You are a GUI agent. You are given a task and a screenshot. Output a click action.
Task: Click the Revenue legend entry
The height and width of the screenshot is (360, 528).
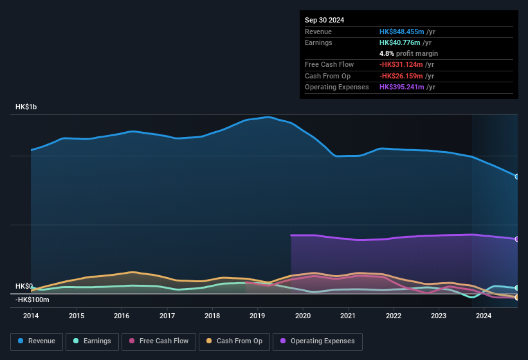pyautogui.click(x=37, y=341)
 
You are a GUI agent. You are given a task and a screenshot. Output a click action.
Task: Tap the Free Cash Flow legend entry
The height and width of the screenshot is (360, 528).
pyautogui.click(x=158, y=341)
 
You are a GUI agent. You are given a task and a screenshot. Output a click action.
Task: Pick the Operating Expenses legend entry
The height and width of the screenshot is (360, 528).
pyautogui.click(x=318, y=341)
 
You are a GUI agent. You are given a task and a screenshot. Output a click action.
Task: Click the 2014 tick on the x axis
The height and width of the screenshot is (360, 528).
pyautogui.click(x=31, y=316)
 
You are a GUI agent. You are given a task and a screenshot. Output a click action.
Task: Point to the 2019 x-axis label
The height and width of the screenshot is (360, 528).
pyautogui.click(x=257, y=316)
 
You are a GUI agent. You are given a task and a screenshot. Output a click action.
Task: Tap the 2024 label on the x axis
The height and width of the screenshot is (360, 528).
pyautogui.click(x=484, y=316)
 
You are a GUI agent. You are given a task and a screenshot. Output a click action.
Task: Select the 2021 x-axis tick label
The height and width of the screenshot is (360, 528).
pyautogui.click(x=348, y=316)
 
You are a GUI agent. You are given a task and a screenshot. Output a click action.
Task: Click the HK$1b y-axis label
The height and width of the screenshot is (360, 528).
pyautogui.click(x=26, y=107)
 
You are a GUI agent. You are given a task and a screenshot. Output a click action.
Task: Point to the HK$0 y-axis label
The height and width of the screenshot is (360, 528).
pyautogui.click(x=24, y=286)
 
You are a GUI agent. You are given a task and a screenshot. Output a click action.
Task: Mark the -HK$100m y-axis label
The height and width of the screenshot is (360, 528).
pyautogui.click(x=32, y=300)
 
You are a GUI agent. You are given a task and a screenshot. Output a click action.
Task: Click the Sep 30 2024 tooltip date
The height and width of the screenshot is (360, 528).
pyautogui.click(x=324, y=20)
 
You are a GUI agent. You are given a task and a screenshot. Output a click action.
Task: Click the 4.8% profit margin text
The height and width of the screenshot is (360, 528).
pyautogui.click(x=408, y=53)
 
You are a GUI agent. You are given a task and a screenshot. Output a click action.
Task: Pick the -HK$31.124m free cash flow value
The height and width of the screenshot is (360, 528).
pyautogui.click(x=402, y=64)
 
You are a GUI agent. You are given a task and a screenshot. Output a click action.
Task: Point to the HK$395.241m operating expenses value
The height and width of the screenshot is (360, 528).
pyautogui.click(x=402, y=87)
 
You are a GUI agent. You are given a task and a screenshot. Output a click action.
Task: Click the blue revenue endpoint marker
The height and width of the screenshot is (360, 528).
pyautogui.click(x=517, y=177)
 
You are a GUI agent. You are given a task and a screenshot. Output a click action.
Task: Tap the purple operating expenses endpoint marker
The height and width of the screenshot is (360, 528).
pyautogui.click(x=517, y=239)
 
